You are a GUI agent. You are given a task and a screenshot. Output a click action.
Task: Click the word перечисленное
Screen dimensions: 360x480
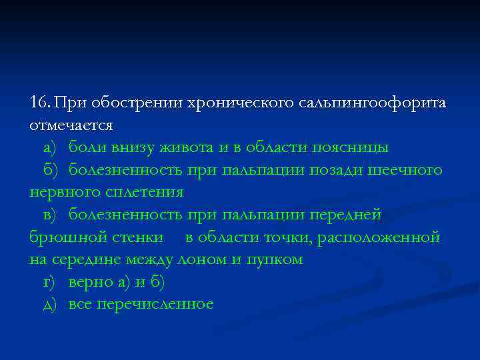click(155, 305)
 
